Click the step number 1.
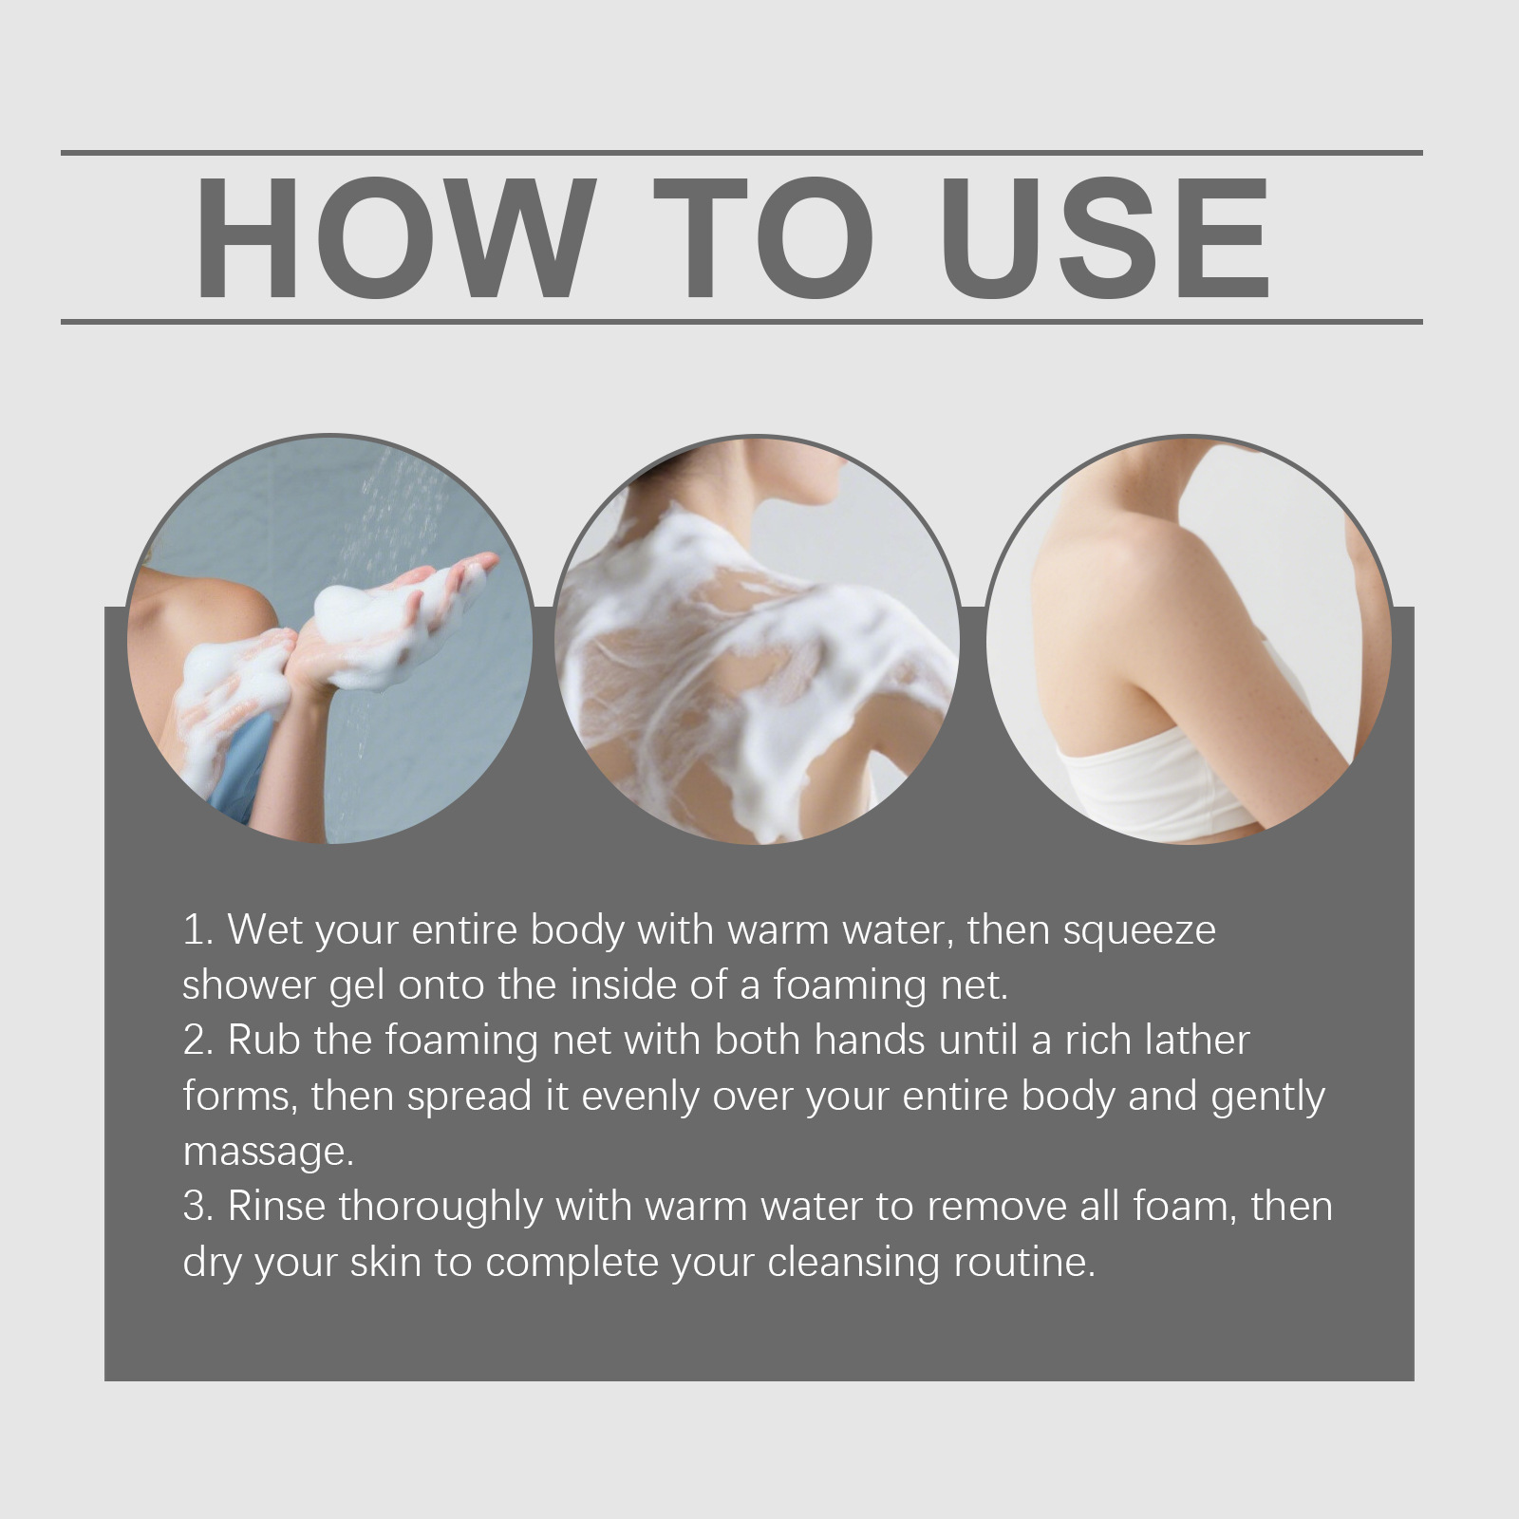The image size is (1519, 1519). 197,929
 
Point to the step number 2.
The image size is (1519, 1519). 197,1041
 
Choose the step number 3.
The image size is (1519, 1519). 197,1207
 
